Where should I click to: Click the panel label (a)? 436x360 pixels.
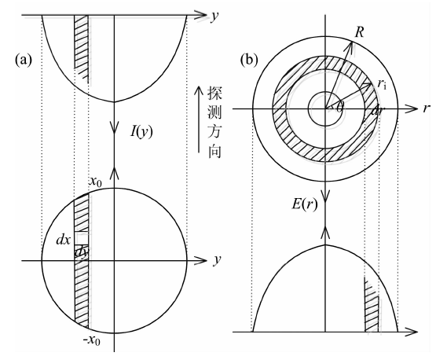click(24, 60)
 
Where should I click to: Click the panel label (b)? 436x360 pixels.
click(249, 60)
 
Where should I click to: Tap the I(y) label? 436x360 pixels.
click(141, 131)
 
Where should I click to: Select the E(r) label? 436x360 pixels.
click(305, 205)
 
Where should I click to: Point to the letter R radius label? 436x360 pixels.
click(359, 32)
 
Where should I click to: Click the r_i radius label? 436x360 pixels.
click(382, 83)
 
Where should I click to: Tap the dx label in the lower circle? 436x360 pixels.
click(64, 240)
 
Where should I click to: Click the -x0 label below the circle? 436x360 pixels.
click(91, 340)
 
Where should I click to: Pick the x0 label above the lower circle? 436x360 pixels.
click(95, 182)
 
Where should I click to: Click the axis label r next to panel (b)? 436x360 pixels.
click(427, 108)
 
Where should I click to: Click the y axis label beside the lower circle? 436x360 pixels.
click(217, 260)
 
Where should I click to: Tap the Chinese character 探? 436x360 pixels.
click(214, 93)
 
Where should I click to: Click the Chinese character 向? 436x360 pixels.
click(214, 152)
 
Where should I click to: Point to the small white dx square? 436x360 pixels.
click(82, 238)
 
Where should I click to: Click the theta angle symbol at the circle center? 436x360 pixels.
click(339, 107)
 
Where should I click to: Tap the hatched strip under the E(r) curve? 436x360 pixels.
click(372, 306)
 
